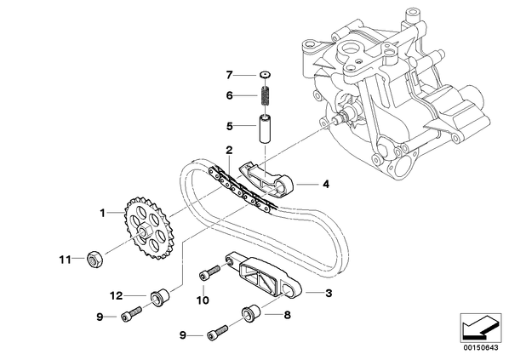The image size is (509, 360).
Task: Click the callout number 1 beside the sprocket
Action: (x=103, y=214)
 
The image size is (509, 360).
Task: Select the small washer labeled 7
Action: (x=266, y=75)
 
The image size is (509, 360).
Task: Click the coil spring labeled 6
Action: (x=266, y=95)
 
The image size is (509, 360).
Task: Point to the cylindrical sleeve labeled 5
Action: (x=266, y=128)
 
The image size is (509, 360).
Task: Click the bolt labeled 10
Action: (x=209, y=272)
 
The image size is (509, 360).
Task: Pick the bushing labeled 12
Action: (x=160, y=297)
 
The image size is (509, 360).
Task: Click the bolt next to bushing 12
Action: (x=131, y=314)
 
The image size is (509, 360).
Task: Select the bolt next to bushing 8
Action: (x=217, y=332)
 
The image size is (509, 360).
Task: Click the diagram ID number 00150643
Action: (x=480, y=348)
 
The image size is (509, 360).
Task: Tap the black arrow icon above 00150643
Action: (x=480, y=327)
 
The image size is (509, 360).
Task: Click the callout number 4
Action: (x=326, y=184)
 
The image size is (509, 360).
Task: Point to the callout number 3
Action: (x=329, y=293)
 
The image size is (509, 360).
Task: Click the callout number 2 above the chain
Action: (x=229, y=150)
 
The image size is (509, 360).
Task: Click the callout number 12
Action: (x=116, y=295)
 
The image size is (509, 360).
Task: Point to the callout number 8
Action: (x=288, y=315)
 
